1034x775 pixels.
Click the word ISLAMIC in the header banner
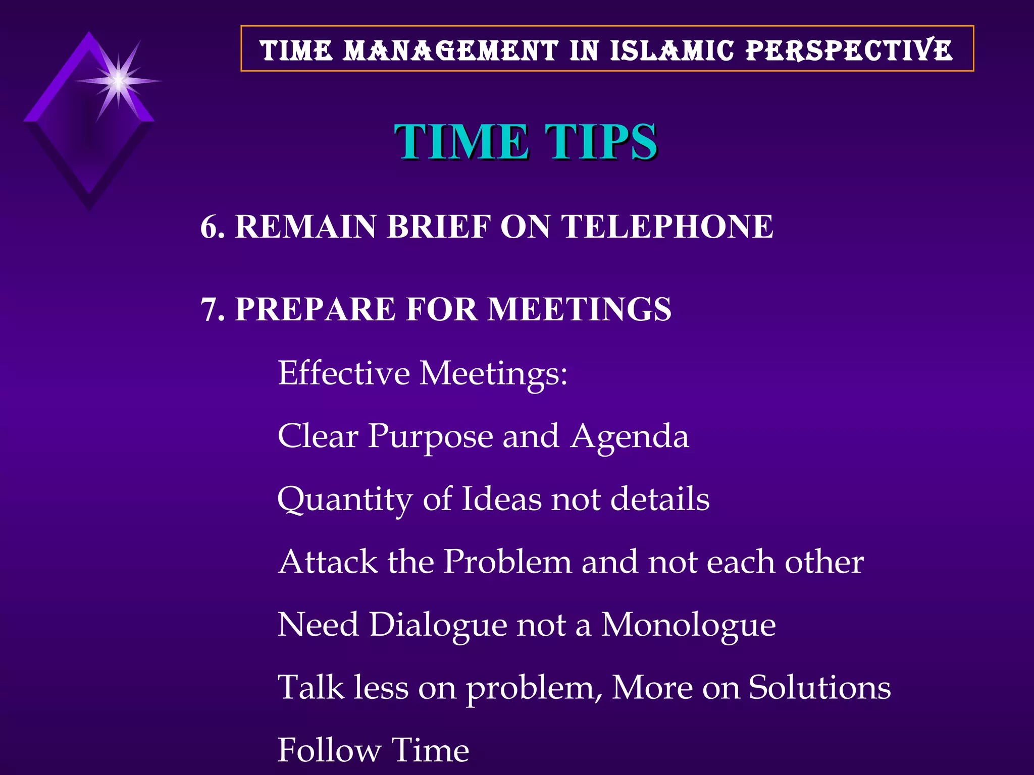(x=671, y=50)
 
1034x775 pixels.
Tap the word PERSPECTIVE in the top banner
(x=849, y=50)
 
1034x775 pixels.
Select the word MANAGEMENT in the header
(x=451, y=50)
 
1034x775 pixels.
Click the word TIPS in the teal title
(x=601, y=142)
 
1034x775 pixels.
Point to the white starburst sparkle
(x=118, y=80)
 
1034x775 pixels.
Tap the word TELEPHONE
(x=667, y=227)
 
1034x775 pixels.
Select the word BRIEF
(x=439, y=227)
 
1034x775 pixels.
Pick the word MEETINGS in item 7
(x=579, y=309)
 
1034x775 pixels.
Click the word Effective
(x=344, y=373)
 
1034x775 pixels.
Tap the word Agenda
(x=630, y=436)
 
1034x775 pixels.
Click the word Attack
(x=328, y=562)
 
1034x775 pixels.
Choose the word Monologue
(x=688, y=626)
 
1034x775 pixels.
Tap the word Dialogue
(x=438, y=626)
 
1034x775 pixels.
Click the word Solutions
(x=819, y=688)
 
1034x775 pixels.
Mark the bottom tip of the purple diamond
(x=89, y=208)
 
